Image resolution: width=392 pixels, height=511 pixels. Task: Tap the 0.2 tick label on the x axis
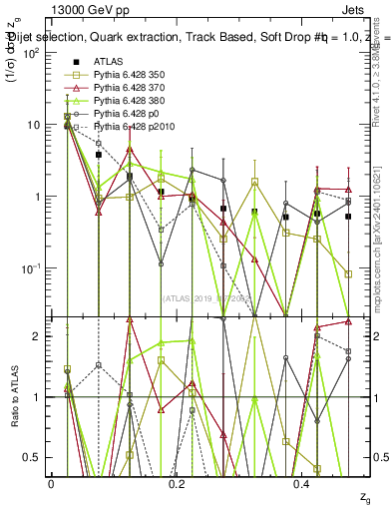(177, 482)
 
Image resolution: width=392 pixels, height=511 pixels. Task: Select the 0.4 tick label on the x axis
(303, 482)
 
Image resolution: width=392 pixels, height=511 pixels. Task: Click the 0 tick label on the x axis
(51, 482)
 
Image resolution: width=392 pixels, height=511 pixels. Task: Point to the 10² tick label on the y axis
(30, 53)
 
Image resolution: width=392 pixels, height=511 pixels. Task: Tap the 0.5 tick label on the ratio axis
(33, 457)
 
